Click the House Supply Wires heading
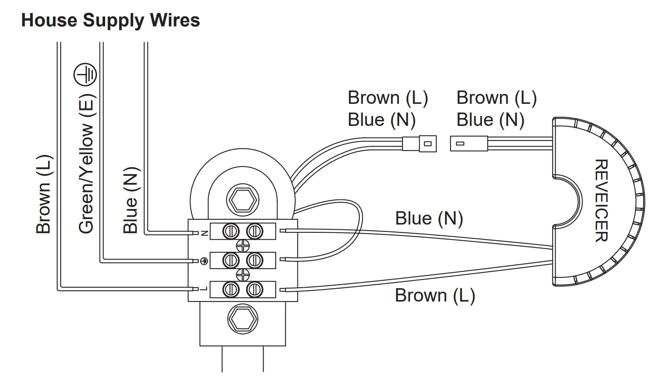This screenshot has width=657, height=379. click(110, 20)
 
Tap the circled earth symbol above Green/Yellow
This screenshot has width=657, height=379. click(85, 74)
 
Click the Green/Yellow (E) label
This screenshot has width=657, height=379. click(87, 164)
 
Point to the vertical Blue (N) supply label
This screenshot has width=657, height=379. click(131, 200)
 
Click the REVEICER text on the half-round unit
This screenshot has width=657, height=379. click(601, 200)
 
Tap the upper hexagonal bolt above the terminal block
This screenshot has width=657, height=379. click(243, 200)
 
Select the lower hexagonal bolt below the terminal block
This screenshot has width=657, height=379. click(243, 319)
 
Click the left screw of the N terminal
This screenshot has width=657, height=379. click(231, 231)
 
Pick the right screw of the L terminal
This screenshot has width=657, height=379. click(254, 290)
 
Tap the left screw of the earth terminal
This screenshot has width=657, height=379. click(231, 260)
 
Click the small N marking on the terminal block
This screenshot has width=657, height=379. click(205, 233)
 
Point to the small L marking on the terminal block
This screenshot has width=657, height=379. click(204, 289)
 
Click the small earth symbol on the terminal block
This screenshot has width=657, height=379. click(204, 260)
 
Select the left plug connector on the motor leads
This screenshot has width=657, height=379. click(419, 144)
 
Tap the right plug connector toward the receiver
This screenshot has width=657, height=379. click(469, 143)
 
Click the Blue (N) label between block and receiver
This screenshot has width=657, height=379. click(429, 218)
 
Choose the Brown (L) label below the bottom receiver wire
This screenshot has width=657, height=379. click(435, 295)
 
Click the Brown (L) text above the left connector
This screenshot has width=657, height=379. click(388, 98)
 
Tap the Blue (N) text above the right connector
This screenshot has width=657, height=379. click(490, 120)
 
